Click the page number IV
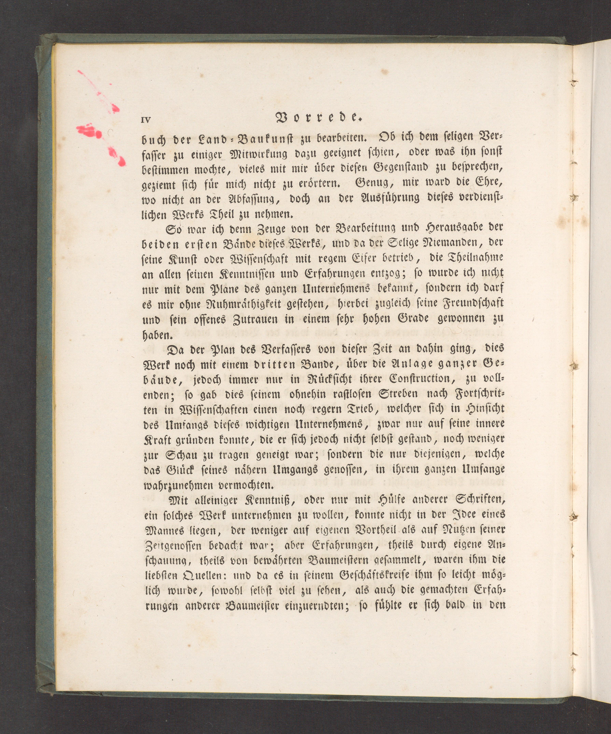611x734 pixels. point(146,120)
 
